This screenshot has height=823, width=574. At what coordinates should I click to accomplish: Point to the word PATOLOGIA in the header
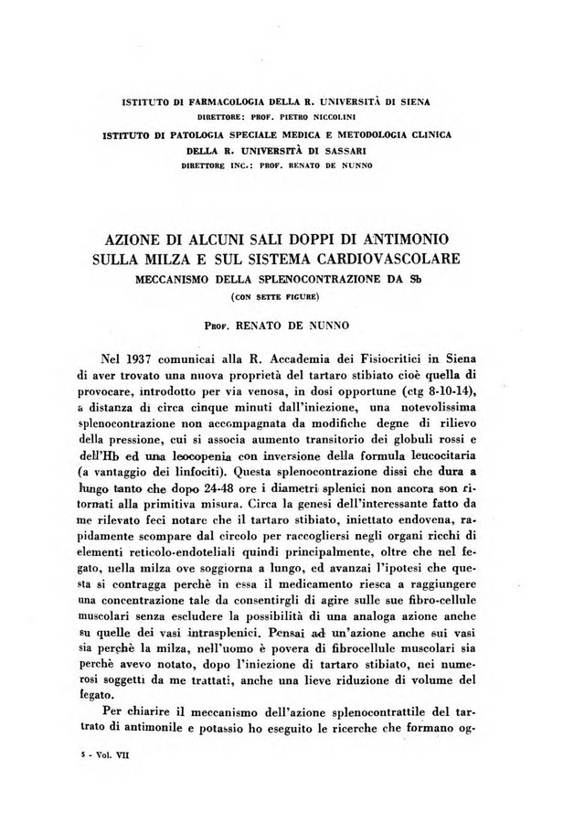click(187, 135)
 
